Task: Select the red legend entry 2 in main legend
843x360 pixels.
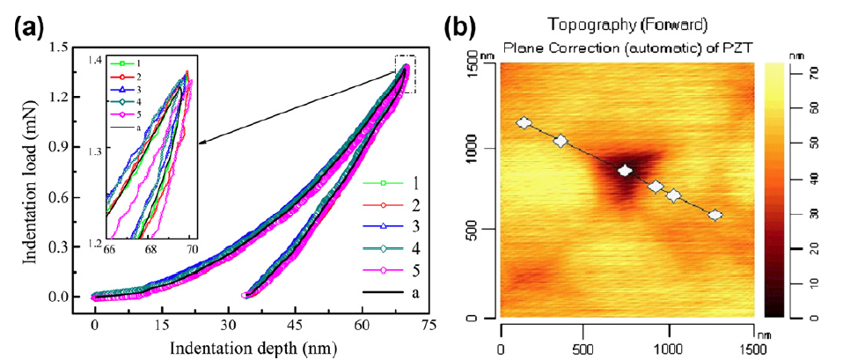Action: (403, 204)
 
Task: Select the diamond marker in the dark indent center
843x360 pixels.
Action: (626, 171)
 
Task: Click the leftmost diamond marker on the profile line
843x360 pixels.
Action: (524, 123)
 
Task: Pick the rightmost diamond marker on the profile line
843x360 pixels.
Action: (715, 215)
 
